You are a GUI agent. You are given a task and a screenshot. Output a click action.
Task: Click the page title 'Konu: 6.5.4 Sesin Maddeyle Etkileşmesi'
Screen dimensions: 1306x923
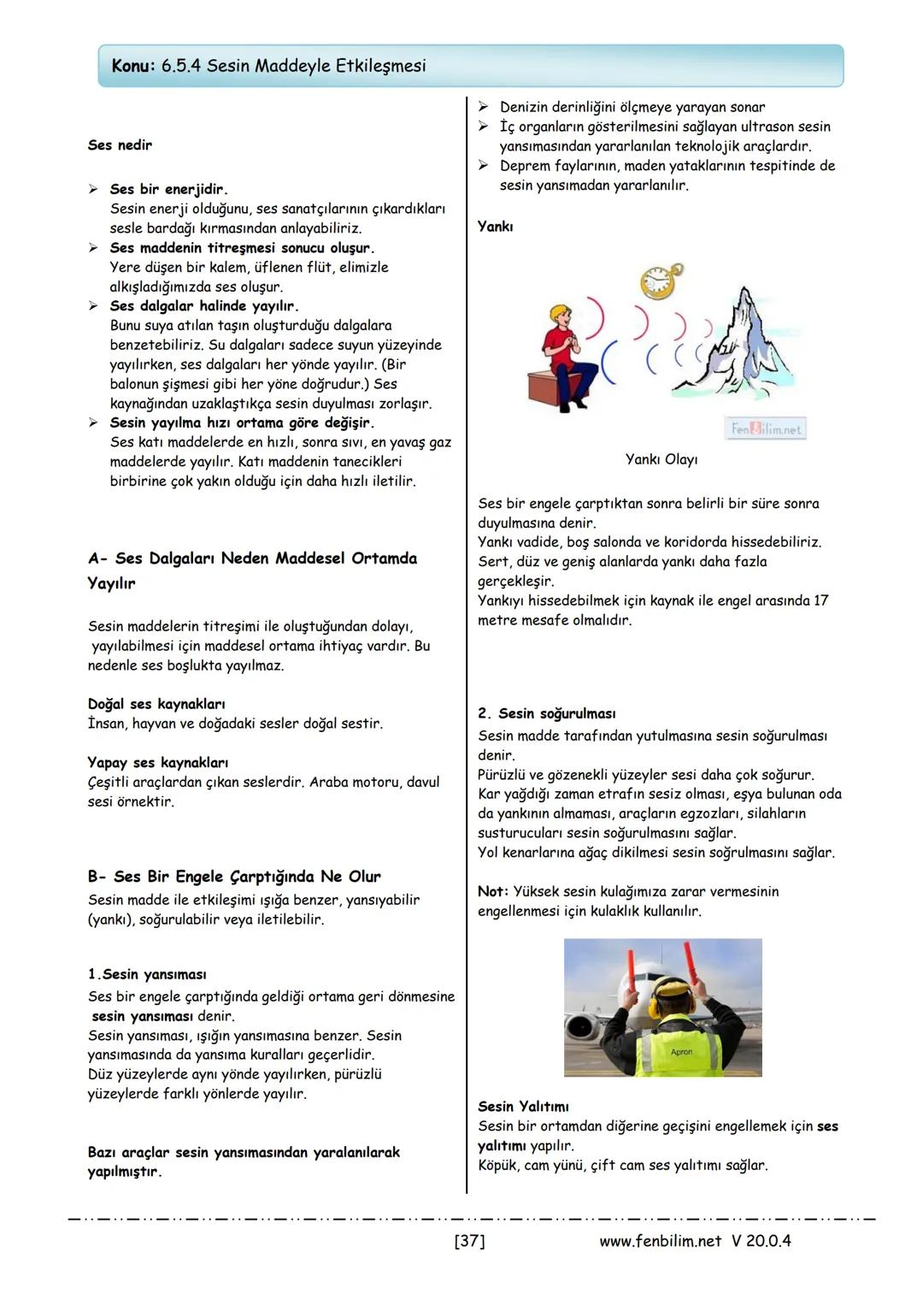[268, 66]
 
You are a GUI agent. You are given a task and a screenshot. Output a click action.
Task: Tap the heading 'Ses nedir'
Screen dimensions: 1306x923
[120, 145]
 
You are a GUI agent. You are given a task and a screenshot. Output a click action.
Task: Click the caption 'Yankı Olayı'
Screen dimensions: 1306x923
[661, 460]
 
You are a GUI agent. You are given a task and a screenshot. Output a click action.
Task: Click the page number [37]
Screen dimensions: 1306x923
[469, 1241]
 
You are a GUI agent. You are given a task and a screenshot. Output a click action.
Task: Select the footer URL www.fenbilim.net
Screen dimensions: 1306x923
[660, 1241]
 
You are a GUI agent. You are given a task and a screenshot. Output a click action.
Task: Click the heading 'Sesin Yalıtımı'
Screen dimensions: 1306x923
[523, 1107]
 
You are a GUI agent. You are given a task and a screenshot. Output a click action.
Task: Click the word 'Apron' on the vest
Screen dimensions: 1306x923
[682, 1052]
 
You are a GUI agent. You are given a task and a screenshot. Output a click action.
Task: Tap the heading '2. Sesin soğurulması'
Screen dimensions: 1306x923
[547, 714]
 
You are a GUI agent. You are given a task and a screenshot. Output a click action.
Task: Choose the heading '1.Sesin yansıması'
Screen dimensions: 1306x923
[147, 975]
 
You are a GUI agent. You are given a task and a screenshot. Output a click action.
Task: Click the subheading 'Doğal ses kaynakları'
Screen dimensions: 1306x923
[156, 705]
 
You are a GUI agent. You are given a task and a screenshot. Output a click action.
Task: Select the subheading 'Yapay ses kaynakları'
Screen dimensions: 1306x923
[157, 763]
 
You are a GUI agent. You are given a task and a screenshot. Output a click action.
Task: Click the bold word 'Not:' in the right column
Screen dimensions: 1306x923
[493, 892]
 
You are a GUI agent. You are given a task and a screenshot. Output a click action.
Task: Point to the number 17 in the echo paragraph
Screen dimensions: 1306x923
[820, 601]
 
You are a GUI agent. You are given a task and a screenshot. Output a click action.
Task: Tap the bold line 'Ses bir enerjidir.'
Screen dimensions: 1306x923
[168, 189]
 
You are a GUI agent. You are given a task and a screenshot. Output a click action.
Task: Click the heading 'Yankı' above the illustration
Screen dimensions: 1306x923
[496, 227]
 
